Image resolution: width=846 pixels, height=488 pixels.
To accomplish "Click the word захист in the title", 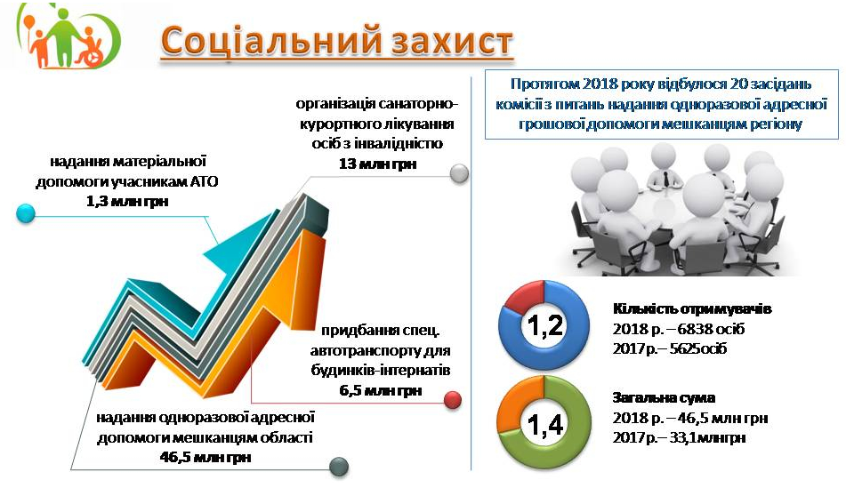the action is [x=452, y=42].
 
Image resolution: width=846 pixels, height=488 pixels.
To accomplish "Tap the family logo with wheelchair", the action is [x=68, y=36].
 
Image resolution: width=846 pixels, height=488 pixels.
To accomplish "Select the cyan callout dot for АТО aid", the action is [x=26, y=213].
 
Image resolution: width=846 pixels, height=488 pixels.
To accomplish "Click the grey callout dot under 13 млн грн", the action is [x=459, y=173].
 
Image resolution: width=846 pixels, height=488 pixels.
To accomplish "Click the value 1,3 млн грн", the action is [x=127, y=202].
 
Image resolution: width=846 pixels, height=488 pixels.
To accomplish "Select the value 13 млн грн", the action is [x=378, y=164].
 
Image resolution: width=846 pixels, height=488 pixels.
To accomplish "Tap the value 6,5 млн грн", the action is [x=381, y=390].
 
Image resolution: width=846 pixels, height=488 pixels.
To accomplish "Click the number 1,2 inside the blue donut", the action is [x=545, y=325].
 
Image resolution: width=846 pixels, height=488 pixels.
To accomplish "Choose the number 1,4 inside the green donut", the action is [x=545, y=425].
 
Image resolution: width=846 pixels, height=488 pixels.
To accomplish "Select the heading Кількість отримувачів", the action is [x=692, y=309].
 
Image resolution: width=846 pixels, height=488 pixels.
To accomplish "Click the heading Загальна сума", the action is [x=664, y=398].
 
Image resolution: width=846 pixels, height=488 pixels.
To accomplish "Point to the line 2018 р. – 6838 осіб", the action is [x=679, y=329].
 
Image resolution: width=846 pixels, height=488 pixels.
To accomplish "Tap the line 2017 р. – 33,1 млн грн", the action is [x=679, y=437].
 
